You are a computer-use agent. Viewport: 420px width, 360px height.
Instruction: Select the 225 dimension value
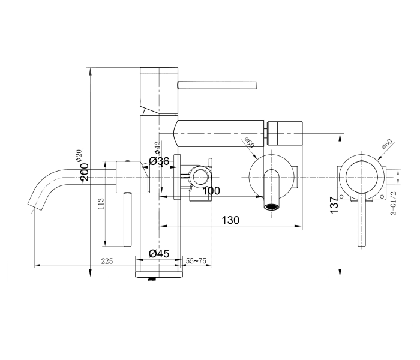(107, 261)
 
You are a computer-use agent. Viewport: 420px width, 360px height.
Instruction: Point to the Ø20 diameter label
(79, 155)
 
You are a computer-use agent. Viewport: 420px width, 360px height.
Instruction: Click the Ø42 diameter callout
(157, 147)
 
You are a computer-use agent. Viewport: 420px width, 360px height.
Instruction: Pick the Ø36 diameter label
(158, 161)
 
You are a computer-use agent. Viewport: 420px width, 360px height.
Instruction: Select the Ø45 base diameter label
(158, 254)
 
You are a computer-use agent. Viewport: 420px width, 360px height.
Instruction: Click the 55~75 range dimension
(196, 261)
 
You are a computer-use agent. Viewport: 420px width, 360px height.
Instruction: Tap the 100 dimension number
(211, 191)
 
